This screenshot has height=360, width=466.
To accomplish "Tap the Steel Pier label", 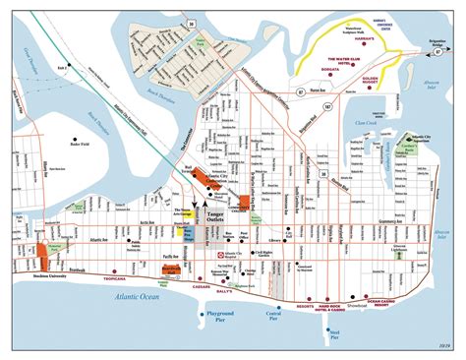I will [336, 332].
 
